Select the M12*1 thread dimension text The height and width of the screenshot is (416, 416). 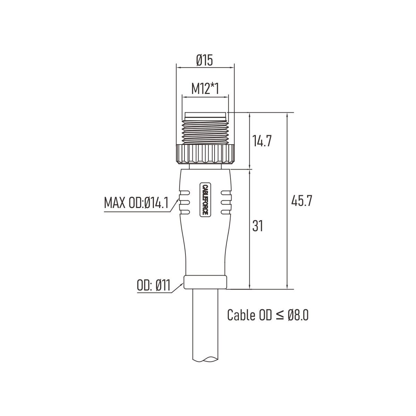point(205,89)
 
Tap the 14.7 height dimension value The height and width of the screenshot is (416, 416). point(262,141)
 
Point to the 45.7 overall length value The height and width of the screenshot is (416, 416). point(302,201)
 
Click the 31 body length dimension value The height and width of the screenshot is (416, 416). point(258,226)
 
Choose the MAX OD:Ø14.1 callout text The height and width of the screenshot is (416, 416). point(136,202)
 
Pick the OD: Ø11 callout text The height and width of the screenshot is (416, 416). point(154,285)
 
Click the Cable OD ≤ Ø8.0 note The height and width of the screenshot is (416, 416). point(268,315)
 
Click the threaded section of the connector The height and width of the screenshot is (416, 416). point(205,132)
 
